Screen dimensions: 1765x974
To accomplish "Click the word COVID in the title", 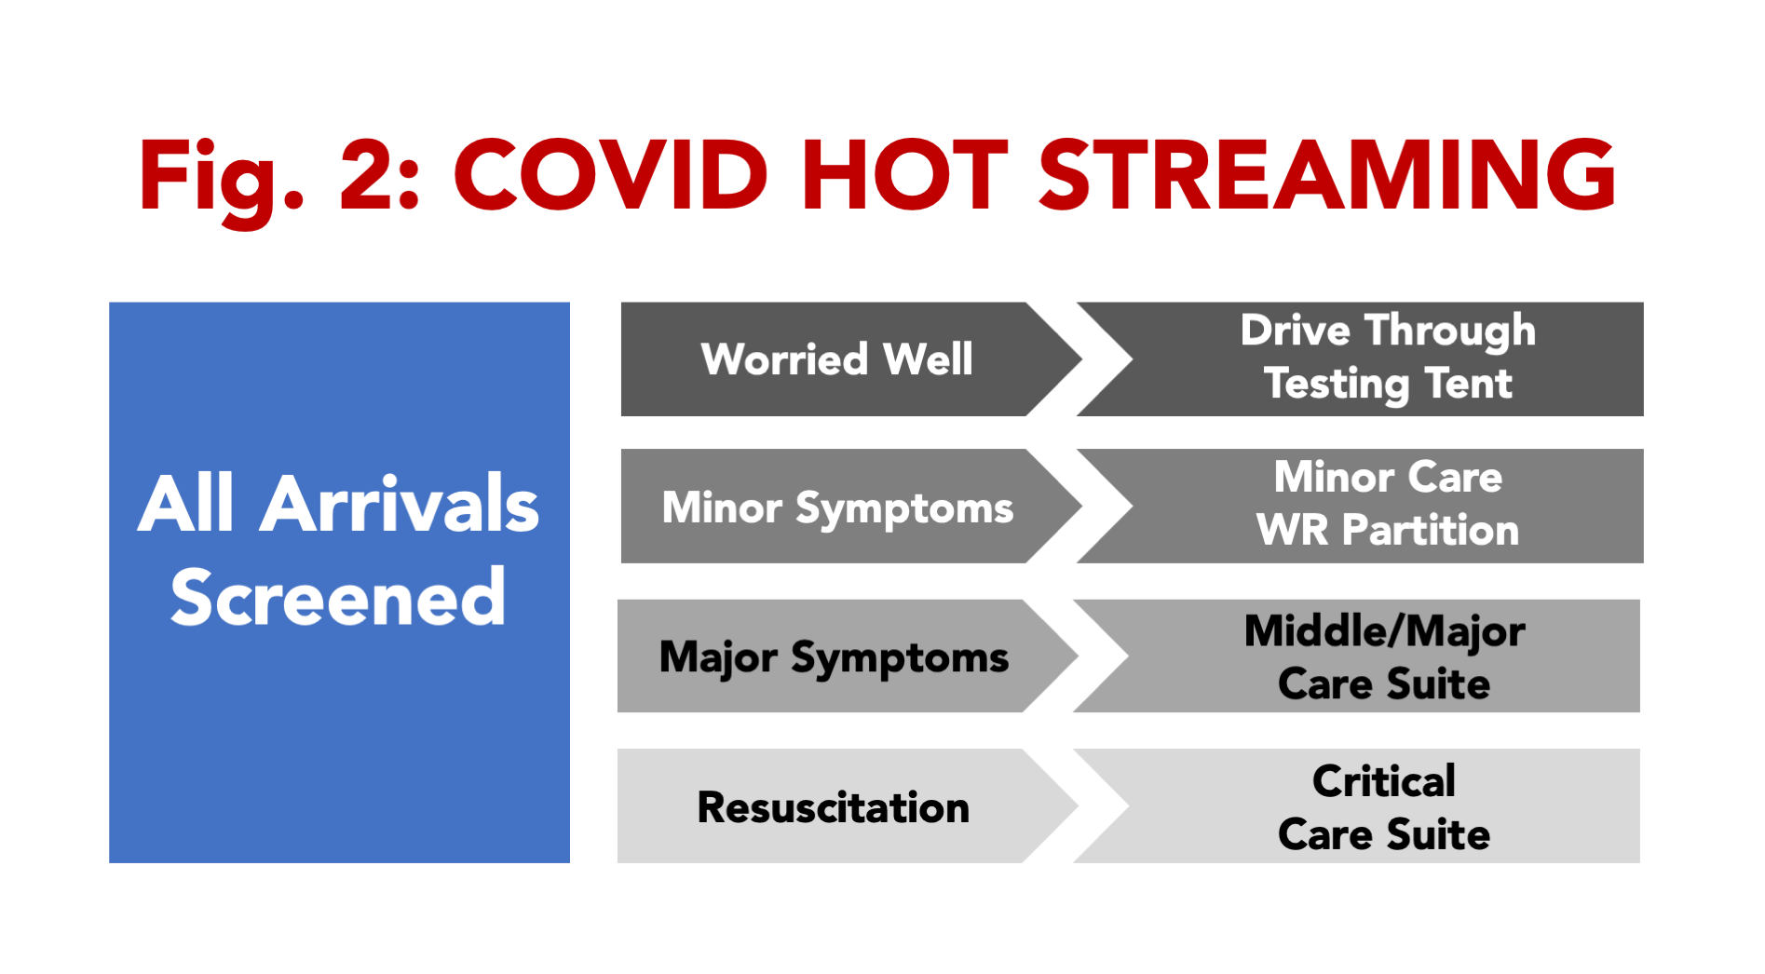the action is tap(611, 175).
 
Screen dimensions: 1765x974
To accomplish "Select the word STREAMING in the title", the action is tap(1327, 175).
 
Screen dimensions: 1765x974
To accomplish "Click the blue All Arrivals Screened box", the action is tap(339, 582).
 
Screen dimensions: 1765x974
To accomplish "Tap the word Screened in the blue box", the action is tap(338, 597).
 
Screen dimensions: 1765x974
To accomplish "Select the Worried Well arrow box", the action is tap(850, 358).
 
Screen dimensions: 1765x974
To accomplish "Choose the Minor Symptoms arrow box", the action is tap(850, 506).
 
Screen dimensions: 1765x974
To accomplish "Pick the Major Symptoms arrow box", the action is tap(847, 656).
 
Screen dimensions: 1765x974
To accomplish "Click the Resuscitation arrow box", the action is tap(847, 805).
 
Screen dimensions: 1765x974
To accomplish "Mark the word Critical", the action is tap(1384, 780).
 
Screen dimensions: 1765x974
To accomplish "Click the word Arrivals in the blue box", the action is tap(399, 504).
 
